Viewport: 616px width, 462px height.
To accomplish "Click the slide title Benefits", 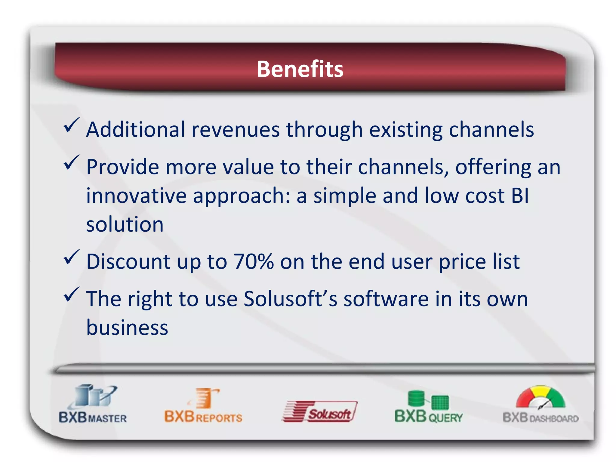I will (300, 69).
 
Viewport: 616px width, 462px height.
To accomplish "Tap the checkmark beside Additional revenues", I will (71, 125).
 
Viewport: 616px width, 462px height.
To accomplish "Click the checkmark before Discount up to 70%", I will (71, 257).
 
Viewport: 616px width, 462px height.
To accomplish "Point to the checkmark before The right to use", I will (71, 294).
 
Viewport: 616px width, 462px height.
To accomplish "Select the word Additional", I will (135, 130).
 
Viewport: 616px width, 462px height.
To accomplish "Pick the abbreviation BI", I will (520, 196).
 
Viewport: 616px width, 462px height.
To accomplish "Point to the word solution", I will (125, 224).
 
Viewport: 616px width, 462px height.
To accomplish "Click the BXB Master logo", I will (93, 405).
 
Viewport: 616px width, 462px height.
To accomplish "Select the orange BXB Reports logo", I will (203, 406).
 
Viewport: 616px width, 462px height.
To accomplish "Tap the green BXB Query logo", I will (428, 407).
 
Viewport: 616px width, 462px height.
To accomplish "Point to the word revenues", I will (236, 130).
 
